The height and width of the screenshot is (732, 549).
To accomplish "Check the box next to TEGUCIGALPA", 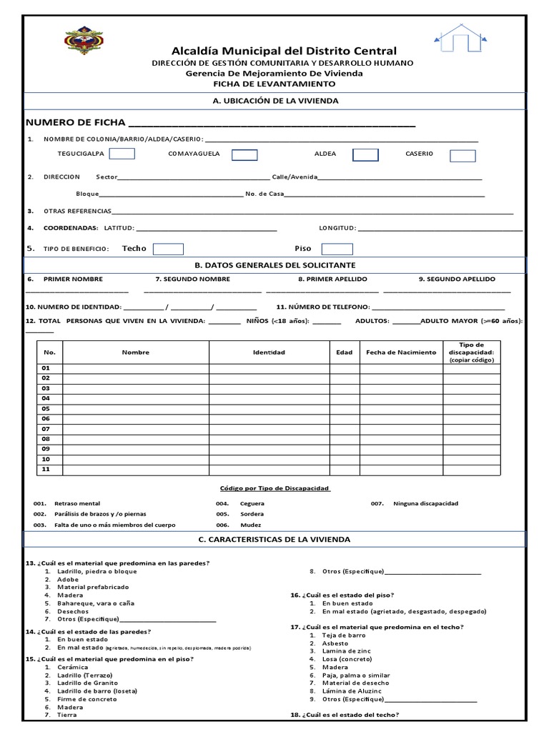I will tap(122, 154).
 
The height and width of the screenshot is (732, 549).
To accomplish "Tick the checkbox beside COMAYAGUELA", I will tap(244, 154).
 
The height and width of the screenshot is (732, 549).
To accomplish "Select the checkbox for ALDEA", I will tap(365, 154).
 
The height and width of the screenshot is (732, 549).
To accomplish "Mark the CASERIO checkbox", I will tap(463, 155).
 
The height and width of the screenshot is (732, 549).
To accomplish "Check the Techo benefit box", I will tap(169, 249).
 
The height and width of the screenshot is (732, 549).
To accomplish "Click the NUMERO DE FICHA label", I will tap(74, 122).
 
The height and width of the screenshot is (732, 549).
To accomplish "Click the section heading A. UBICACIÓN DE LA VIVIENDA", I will tap(275, 101).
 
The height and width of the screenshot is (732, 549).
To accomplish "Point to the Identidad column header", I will tap(269, 352).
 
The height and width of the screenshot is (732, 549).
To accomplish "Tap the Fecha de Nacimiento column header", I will tap(400, 352).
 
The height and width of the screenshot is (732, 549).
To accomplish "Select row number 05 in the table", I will tap(46, 408).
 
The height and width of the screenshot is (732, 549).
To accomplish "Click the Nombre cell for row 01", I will tap(135, 368).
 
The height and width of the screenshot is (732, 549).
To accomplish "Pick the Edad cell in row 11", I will tap(345, 470).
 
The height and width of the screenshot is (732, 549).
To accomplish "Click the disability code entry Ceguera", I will tap(252, 503).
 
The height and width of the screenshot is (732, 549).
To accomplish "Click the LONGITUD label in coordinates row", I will tap(337, 228).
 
